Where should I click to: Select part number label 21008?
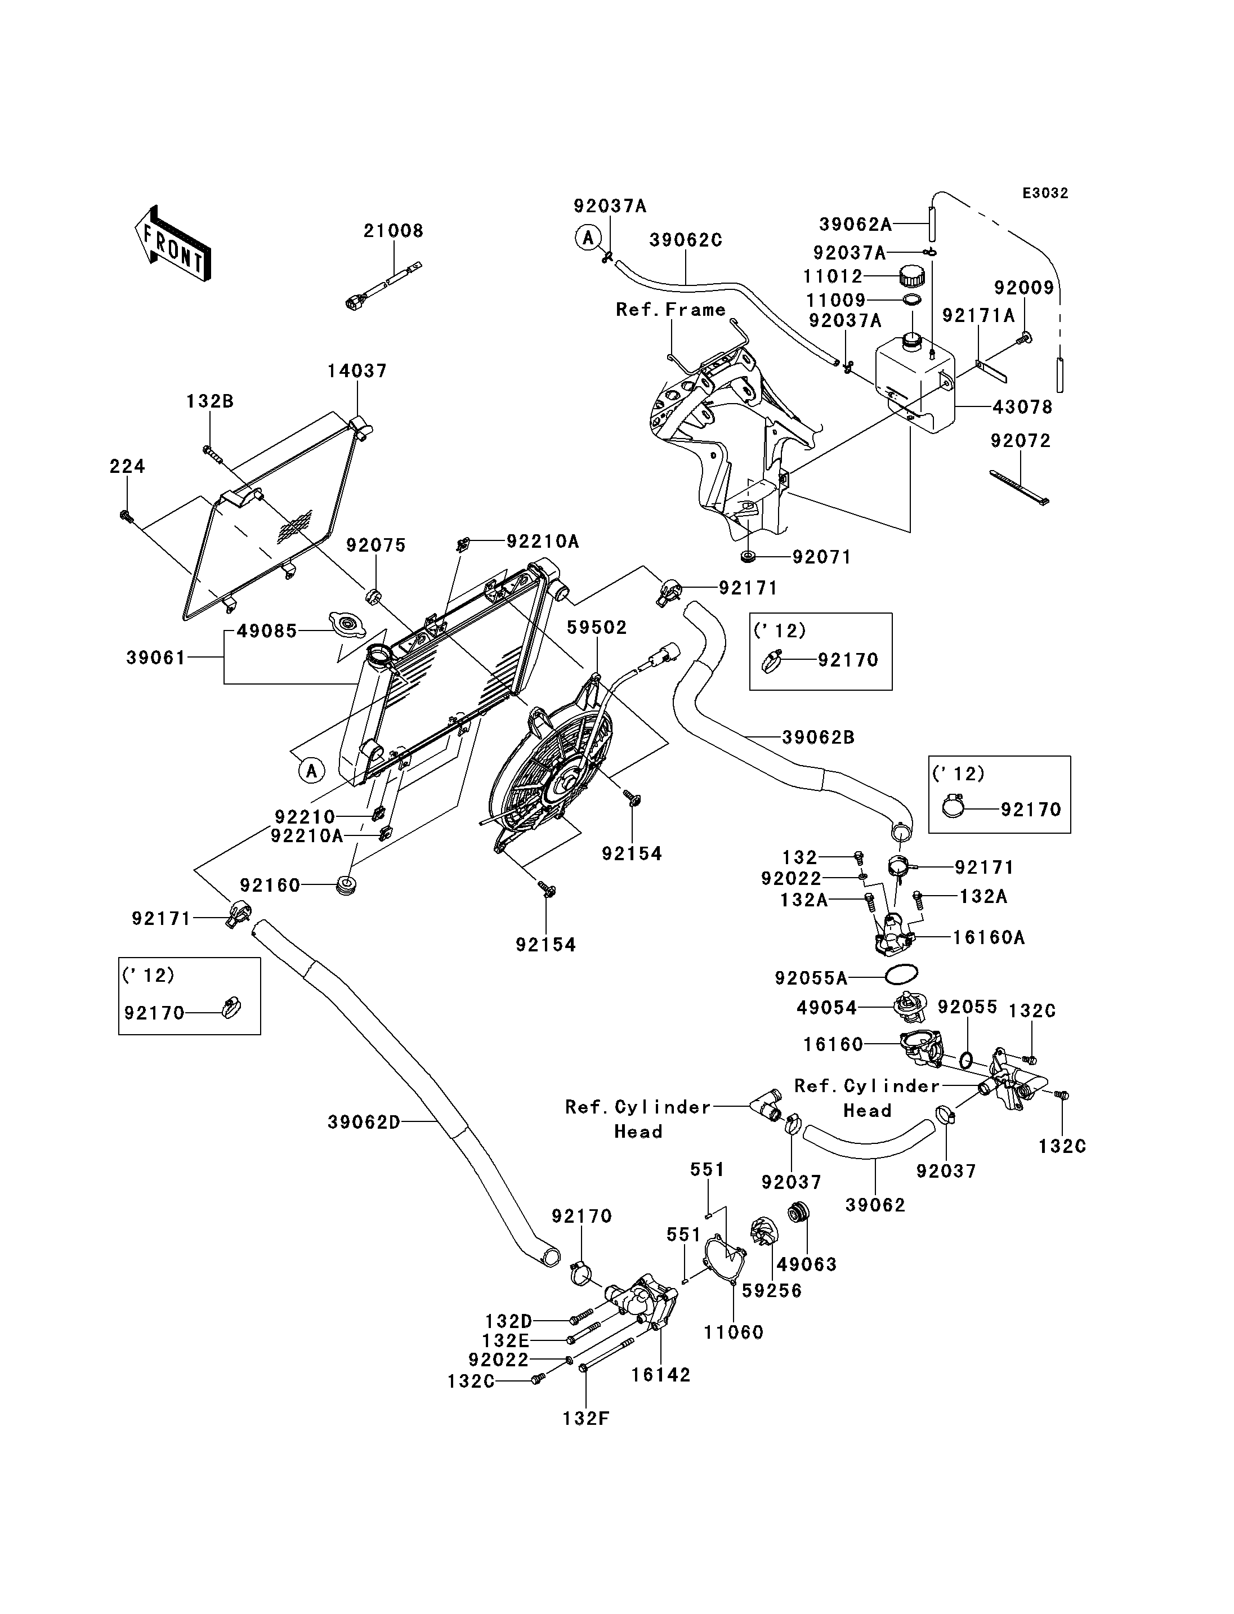394,231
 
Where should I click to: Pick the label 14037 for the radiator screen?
357,371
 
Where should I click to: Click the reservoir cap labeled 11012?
911,278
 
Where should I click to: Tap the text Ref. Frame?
670,310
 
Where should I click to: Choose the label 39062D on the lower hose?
364,1122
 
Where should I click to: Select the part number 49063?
807,1264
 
